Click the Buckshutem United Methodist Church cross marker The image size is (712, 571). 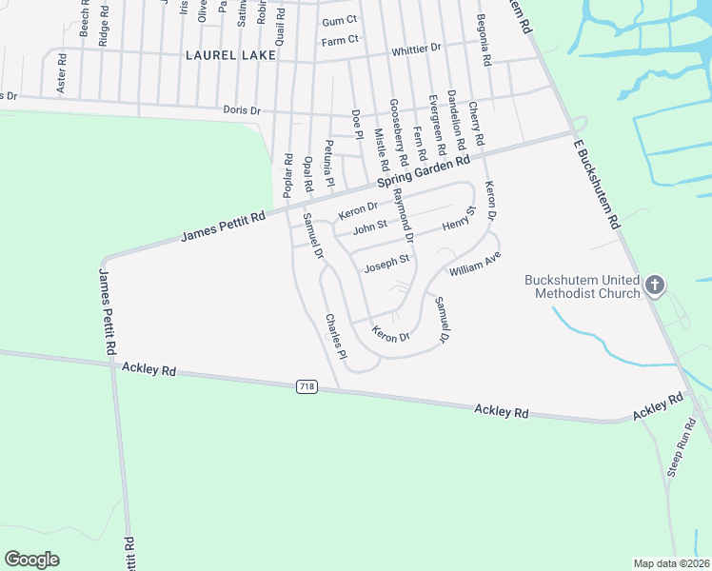pos(654,285)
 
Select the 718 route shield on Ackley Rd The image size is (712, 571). pos(307,386)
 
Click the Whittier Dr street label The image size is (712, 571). pos(416,48)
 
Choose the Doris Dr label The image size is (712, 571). pos(241,110)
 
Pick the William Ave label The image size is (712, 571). pos(475,264)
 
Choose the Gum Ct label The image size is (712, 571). pos(339,21)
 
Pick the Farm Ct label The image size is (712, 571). pos(339,41)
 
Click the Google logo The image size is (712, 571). pos(32,560)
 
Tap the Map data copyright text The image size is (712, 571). pos(671,562)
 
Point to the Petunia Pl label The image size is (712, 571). pos(329,163)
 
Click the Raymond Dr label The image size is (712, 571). pos(404,218)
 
